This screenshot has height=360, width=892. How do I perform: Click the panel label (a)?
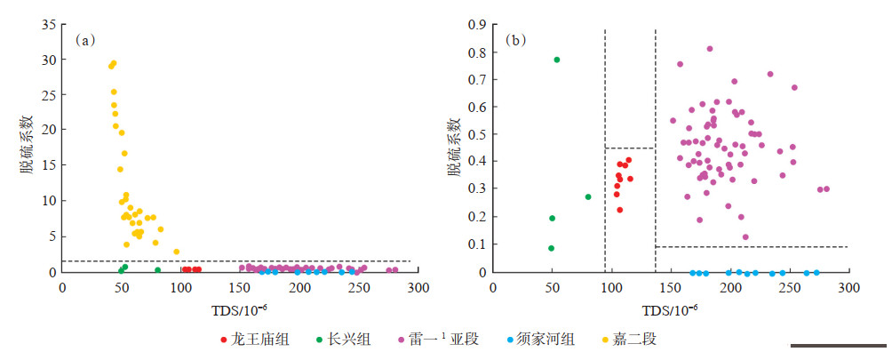pos(85,40)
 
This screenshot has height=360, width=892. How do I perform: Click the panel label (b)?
pos(515,40)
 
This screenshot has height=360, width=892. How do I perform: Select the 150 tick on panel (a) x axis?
pos(241,287)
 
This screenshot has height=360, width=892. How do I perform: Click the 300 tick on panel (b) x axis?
pos(848,287)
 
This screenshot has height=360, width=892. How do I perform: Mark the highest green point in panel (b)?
pos(557,60)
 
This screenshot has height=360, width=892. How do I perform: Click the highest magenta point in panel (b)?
pos(710,49)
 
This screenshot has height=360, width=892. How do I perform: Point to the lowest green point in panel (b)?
pos(551,248)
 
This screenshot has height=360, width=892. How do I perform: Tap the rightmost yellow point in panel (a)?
pos(176,252)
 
